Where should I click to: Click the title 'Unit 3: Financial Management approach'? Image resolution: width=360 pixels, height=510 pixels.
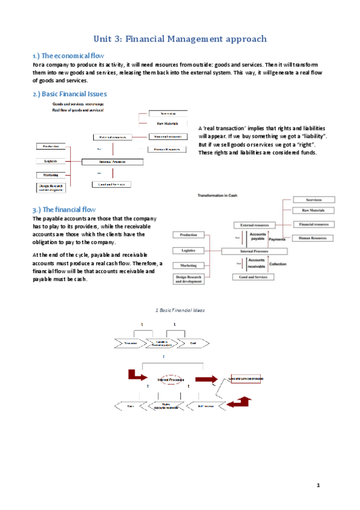click(x=180, y=39)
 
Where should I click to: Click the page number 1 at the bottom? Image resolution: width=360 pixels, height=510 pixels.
click(x=319, y=485)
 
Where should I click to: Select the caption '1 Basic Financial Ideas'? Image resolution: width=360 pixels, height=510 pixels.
click(x=180, y=310)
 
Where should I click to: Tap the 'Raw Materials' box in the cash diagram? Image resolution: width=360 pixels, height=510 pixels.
click(x=313, y=210)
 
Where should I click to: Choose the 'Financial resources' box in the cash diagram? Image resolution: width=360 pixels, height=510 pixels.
click(x=313, y=224)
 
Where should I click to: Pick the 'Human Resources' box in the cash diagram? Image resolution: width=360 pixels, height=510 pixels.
click(x=313, y=238)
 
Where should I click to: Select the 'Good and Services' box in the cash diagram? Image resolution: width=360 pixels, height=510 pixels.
click(x=253, y=277)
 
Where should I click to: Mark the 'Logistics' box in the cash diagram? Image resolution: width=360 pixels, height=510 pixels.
click(x=188, y=250)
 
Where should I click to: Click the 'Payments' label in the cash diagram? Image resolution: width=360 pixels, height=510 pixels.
click(x=277, y=239)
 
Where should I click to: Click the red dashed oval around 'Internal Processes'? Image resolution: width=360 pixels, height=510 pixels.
click(x=170, y=380)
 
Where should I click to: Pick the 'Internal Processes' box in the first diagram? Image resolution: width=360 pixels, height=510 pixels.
click(x=112, y=161)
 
